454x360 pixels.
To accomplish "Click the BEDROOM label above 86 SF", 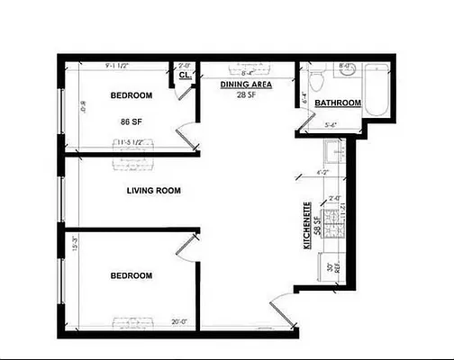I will pos(132,94).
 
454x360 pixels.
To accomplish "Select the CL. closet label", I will pos(185,76).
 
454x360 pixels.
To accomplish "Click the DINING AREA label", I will pos(241,84).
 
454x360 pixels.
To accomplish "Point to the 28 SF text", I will pos(241,94).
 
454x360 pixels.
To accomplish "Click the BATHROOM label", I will pos(338,103).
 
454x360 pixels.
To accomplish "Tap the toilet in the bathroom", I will pos(313,81).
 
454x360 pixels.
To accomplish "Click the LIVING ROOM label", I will pos(153,191).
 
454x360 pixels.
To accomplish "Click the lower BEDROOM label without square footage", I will pos(132,275).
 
